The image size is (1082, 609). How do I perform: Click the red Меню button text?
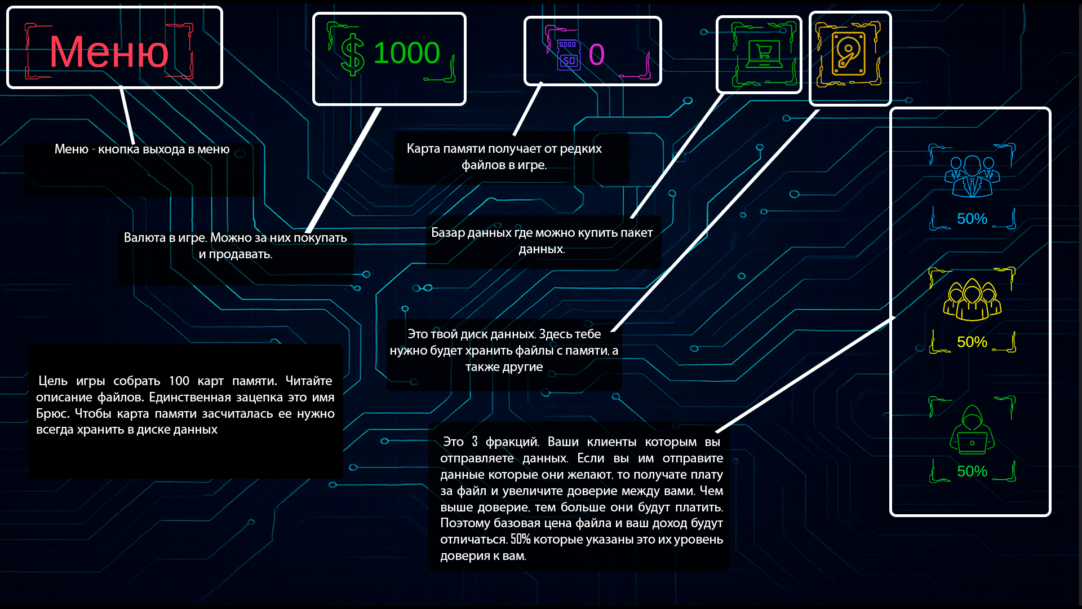(109, 52)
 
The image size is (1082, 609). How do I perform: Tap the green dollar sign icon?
(353, 54)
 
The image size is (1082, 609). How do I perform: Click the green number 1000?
(406, 54)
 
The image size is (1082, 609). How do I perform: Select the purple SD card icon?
(569, 55)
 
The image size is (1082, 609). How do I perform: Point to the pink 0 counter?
(597, 55)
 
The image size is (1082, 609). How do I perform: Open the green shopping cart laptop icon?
(764, 55)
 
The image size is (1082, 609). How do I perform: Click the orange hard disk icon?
(849, 55)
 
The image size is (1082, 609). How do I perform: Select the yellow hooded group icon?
(972, 299)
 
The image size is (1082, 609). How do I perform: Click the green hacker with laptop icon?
(972, 430)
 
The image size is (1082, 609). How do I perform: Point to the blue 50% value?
(972, 219)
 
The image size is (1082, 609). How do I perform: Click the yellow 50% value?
(972, 342)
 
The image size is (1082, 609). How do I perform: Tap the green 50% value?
(972, 471)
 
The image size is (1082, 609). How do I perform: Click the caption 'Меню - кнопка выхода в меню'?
(142, 149)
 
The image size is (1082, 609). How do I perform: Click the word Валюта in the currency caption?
(144, 238)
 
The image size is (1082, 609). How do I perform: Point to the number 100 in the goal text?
(179, 381)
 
